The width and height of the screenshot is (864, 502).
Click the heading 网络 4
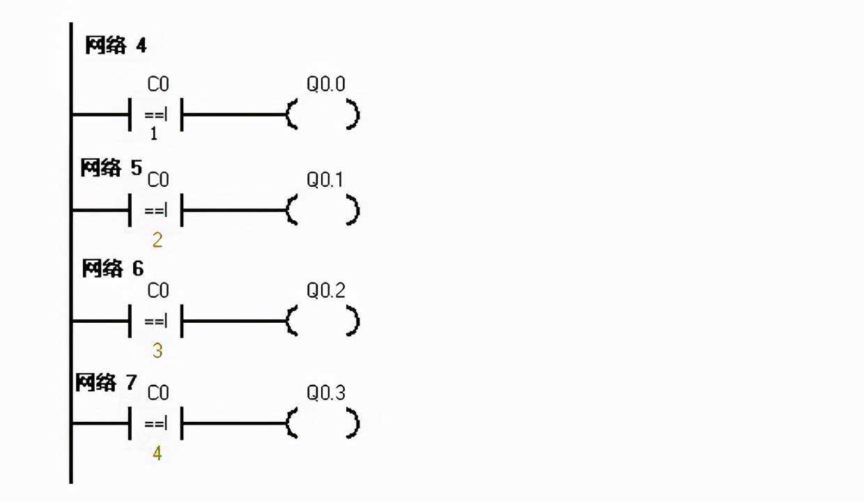[x=116, y=47]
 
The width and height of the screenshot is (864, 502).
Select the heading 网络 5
[x=111, y=168]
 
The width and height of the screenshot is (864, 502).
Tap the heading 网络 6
[x=113, y=268]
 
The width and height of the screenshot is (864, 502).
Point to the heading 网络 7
[x=107, y=382]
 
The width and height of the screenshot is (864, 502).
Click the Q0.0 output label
[x=326, y=85]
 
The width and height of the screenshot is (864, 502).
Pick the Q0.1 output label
[x=325, y=180]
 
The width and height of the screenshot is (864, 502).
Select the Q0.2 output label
[x=326, y=291]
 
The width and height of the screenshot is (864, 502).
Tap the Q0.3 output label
[x=326, y=393]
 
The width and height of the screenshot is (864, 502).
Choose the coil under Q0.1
[x=323, y=210]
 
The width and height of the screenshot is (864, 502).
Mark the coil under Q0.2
[x=323, y=321]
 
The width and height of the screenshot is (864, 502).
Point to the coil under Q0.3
[x=323, y=423]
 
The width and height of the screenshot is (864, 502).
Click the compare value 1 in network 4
[x=154, y=134]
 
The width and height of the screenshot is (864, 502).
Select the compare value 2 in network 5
[x=157, y=241]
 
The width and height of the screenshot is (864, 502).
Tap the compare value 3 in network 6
[x=157, y=351]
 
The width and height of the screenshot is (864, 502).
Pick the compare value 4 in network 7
[x=157, y=453]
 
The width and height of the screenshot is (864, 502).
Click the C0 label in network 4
[x=158, y=85]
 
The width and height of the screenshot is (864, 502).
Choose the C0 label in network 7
[x=158, y=393]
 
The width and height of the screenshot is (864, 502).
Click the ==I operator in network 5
[x=156, y=210]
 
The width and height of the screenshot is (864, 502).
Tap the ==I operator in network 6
[x=156, y=321]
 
